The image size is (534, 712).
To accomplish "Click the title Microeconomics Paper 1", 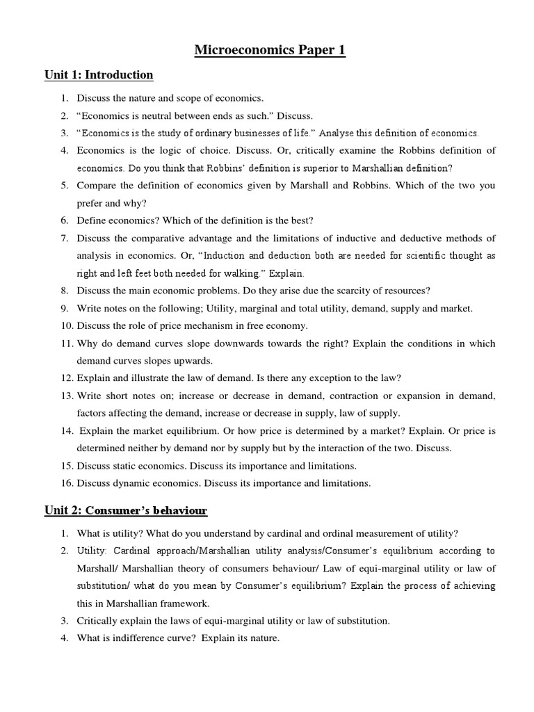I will pos(268,50).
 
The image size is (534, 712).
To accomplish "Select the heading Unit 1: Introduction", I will pos(99,75).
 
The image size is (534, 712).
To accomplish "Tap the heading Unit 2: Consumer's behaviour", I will pos(125,510).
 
